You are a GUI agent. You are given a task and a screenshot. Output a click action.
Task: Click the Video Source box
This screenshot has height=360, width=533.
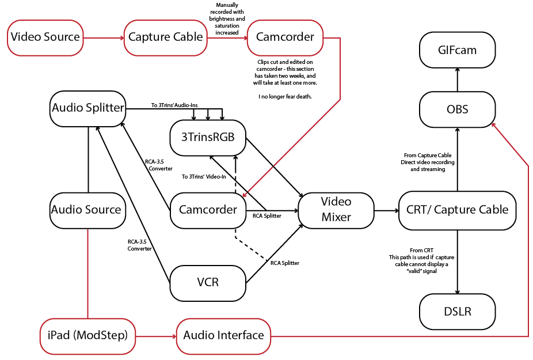(45, 37)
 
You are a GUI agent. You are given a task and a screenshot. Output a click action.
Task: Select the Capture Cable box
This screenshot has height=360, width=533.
(165, 37)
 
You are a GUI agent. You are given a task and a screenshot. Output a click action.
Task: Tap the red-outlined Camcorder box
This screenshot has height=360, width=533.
(285, 37)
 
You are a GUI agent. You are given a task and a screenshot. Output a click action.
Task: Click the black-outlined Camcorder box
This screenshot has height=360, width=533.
(208, 210)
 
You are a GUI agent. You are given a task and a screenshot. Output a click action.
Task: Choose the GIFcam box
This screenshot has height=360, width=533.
(457, 51)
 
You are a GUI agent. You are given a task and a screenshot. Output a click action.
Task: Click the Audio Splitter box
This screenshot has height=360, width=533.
(87, 108)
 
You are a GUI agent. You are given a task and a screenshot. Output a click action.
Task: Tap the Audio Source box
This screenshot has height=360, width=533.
(86, 210)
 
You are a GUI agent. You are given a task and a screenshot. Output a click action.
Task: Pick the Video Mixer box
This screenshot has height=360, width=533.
(336, 210)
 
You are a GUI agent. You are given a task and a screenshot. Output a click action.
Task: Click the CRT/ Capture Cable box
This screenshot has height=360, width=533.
(457, 210)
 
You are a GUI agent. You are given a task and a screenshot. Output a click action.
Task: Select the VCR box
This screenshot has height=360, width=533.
(208, 283)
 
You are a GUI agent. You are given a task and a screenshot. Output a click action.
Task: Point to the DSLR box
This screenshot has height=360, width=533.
(457, 312)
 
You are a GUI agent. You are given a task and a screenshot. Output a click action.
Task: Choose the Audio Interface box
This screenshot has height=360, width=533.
(223, 335)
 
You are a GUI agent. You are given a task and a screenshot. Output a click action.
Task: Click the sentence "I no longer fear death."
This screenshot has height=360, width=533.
(285, 97)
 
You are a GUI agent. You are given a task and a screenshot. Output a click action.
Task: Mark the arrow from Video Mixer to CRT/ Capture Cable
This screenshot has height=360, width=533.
(386, 210)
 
